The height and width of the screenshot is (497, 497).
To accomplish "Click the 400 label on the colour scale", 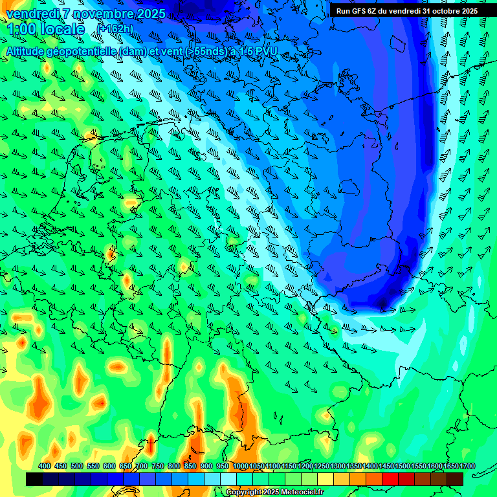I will click(45, 466).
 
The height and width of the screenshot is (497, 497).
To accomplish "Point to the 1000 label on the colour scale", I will click(241, 466).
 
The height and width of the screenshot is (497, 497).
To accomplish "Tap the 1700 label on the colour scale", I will click(451, 466).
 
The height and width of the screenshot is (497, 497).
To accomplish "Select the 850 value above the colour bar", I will click(190, 466).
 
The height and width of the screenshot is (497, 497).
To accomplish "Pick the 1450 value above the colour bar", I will click(386, 466).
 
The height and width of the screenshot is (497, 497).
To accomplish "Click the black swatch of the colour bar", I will click(34, 480).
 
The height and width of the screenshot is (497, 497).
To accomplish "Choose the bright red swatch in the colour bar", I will click(390, 480).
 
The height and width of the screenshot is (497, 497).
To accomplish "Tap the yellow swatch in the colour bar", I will click(325, 480).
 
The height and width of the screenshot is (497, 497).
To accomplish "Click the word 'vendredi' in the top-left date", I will click(33, 14).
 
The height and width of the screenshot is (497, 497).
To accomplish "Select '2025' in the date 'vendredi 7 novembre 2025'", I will click(149, 14).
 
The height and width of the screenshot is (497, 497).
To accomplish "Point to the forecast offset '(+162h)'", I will click(116, 29).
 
